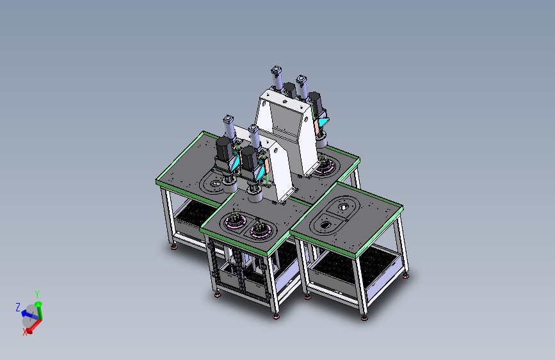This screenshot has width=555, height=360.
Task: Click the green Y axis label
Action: (x=37, y=295)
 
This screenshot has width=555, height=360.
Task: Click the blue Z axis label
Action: (x=18, y=307)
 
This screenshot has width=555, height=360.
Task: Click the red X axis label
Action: (x=25, y=332)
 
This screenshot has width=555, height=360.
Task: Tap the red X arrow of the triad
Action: (x=33, y=326)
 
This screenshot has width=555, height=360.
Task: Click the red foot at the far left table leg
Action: (x=173, y=247)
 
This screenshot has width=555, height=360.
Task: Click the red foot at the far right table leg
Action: (x=406, y=276)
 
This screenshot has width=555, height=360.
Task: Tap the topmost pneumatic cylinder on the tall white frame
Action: (x=277, y=78)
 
